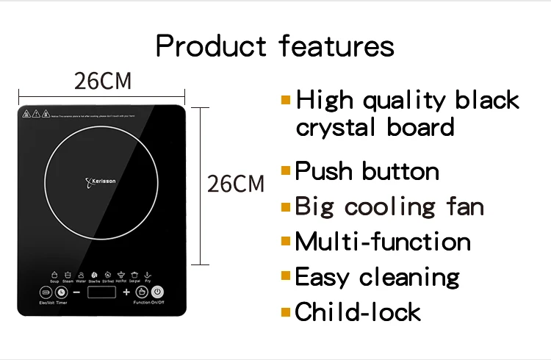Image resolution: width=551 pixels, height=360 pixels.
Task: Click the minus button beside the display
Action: pos(76,292)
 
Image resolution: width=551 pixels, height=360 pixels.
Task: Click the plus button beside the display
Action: pos(126,292)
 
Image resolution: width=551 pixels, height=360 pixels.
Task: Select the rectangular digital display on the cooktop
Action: pos(101,292)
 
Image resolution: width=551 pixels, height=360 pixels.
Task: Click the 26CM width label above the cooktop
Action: pos(103,82)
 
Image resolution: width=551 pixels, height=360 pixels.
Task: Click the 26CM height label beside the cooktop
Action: pos(235,183)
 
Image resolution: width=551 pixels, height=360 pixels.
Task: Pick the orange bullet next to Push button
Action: pos(286,170)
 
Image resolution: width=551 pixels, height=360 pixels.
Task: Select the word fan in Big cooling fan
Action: pos(461,206)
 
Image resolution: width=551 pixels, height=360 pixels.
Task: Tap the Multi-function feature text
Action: pos(382,241)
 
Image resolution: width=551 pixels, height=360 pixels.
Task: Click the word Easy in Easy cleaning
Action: pos(323,277)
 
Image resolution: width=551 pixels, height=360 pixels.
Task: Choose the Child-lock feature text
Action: pos(358,312)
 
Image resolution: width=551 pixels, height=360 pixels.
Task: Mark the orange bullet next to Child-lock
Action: pos(286,312)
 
